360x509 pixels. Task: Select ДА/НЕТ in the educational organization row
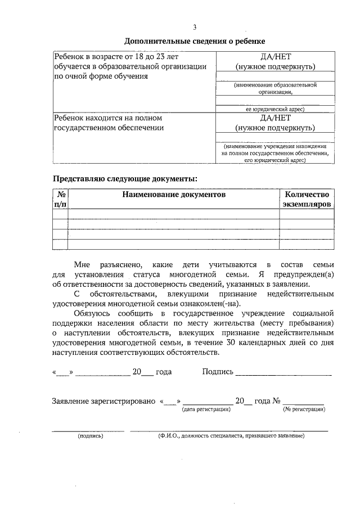click(x=276, y=57)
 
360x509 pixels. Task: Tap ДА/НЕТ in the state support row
click(x=276, y=119)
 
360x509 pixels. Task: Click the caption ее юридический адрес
click(x=276, y=109)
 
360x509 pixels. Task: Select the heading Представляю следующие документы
click(x=125, y=179)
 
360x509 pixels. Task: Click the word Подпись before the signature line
click(x=217, y=372)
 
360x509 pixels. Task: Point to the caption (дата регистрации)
click(x=206, y=409)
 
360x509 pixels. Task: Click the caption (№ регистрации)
click(x=304, y=409)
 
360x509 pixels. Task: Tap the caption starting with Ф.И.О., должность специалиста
click(x=231, y=436)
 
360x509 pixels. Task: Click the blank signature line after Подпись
click(x=283, y=373)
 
